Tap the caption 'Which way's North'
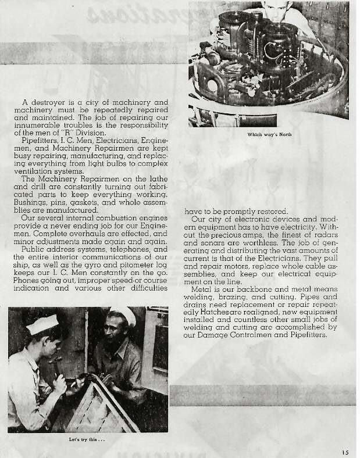click(269, 134)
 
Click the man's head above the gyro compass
click(270, 6)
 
